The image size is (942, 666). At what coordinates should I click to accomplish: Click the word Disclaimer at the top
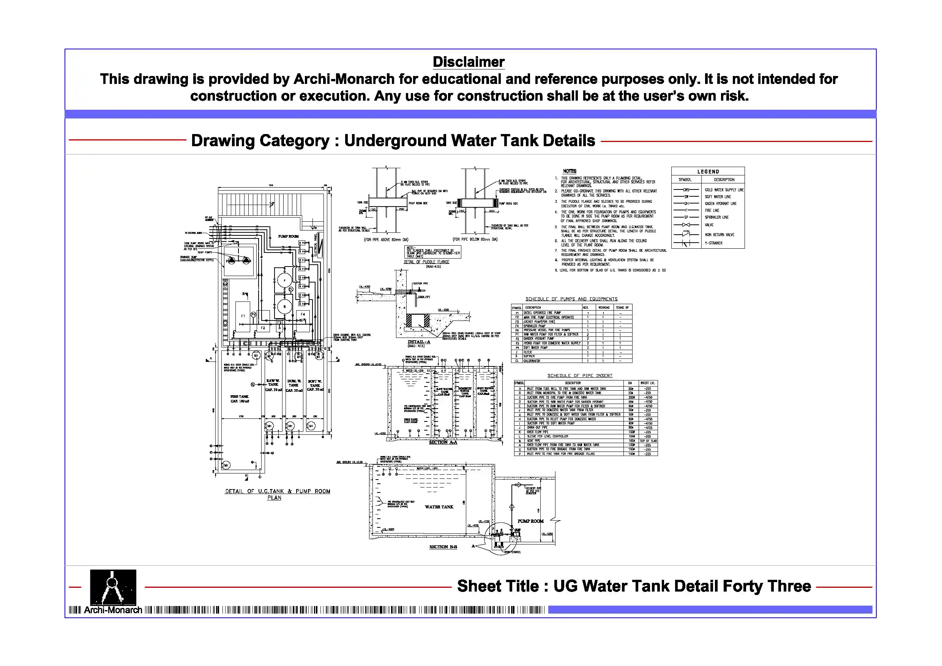click(x=468, y=62)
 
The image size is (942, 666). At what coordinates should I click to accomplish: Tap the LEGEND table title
click(x=708, y=172)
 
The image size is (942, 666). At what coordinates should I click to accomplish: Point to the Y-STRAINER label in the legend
click(x=713, y=243)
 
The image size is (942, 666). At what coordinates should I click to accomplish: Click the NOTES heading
click(x=570, y=171)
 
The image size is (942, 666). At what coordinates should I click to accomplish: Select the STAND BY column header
click(x=622, y=307)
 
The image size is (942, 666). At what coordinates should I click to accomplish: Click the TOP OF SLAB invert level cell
click(x=648, y=441)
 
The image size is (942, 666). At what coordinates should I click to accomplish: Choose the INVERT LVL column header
click(x=647, y=383)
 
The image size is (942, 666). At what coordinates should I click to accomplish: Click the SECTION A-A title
click(x=443, y=442)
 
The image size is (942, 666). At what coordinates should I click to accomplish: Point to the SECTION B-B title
click(x=443, y=547)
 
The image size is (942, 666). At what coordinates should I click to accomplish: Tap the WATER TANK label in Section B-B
click(x=439, y=507)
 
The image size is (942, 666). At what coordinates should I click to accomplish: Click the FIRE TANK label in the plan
click(x=240, y=398)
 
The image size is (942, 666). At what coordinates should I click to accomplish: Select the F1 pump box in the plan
click(x=243, y=316)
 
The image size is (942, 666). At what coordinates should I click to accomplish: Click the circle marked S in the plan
click(x=284, y=306)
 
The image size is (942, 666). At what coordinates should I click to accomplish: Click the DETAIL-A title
click(x=418, y=342)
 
